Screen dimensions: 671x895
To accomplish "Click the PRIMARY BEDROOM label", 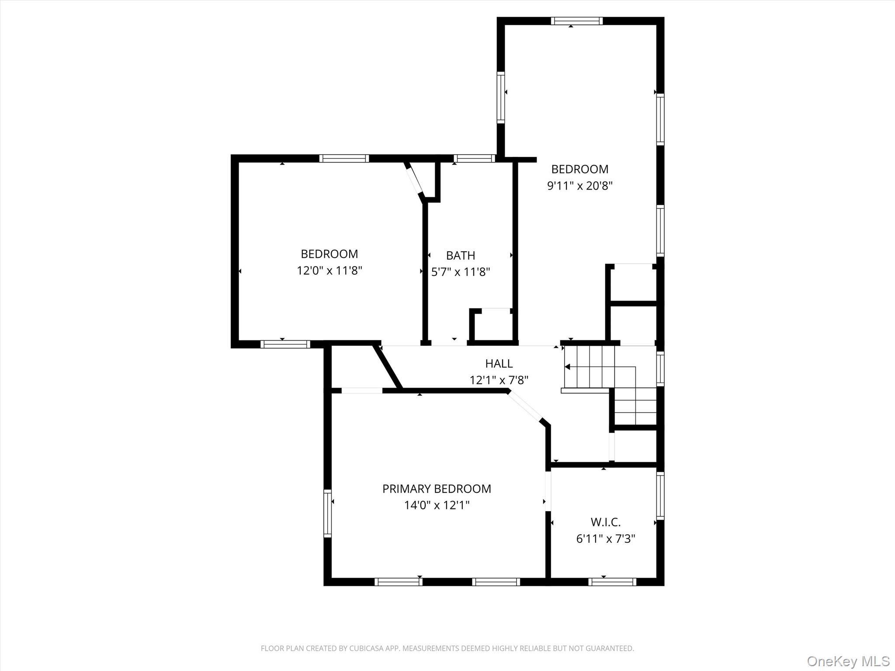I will (437, 488).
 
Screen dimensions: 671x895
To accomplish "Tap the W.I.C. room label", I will (605, 522).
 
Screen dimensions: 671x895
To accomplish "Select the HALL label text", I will (499, 363).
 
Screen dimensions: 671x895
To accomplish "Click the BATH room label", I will (460, 255).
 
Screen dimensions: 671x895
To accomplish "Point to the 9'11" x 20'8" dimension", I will (579, 186).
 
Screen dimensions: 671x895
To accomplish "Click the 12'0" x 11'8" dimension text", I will (330, 271).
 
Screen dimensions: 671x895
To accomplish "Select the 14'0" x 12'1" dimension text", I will (437, 505).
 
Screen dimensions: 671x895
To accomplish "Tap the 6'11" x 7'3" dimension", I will (605, 539).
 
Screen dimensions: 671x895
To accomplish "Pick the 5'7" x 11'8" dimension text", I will (461, 272).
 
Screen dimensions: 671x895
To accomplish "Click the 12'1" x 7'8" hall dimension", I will (499, 380).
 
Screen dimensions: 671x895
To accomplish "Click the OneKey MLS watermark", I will (848, 661).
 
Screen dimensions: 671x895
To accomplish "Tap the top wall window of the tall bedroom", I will (576, 21).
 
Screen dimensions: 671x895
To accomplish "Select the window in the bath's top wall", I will (474, 158).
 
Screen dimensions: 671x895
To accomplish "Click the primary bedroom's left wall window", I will (327, 513).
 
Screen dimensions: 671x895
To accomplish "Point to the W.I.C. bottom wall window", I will (612, 581).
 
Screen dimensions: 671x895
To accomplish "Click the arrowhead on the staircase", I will (568, 367).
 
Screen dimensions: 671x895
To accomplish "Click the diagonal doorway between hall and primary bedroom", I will (524, 406).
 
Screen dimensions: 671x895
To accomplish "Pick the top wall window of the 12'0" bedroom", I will (344, 158).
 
